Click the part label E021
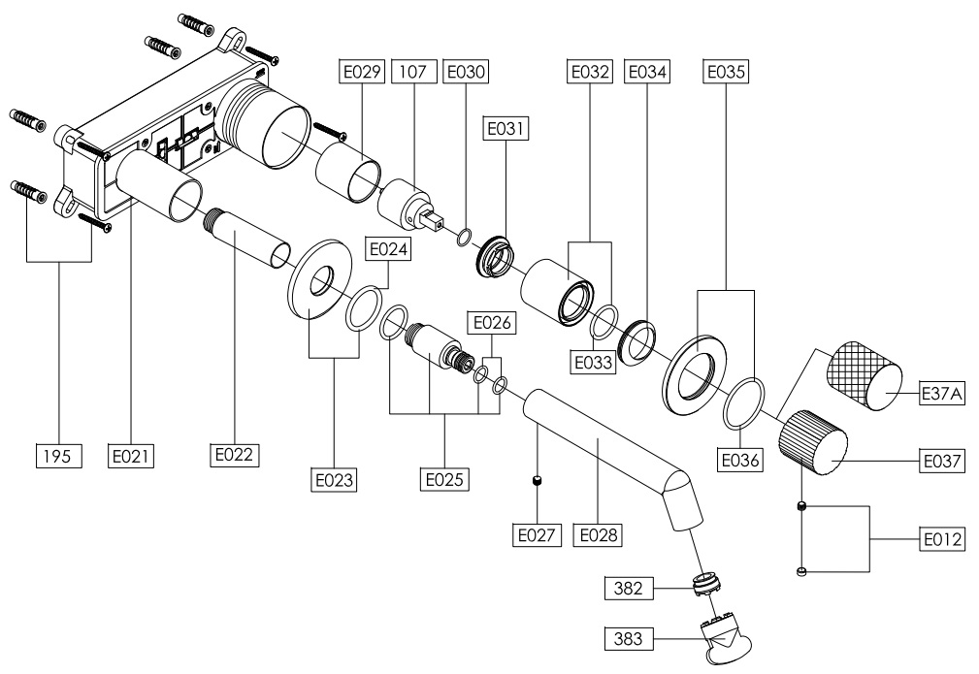[132, 453]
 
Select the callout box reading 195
[57, 453]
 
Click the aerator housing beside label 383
[728, 643]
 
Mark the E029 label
[362, 71]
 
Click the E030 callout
[464, 71]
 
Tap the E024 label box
[387, 249]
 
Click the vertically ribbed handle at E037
[816, 440]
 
